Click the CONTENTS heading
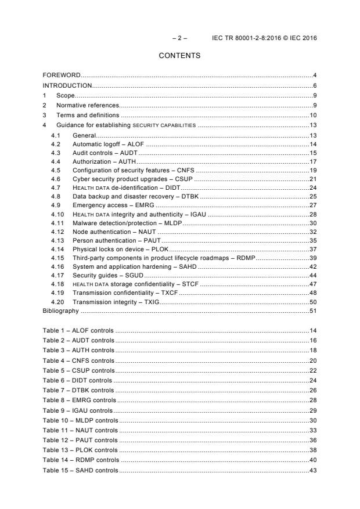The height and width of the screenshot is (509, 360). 180,56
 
